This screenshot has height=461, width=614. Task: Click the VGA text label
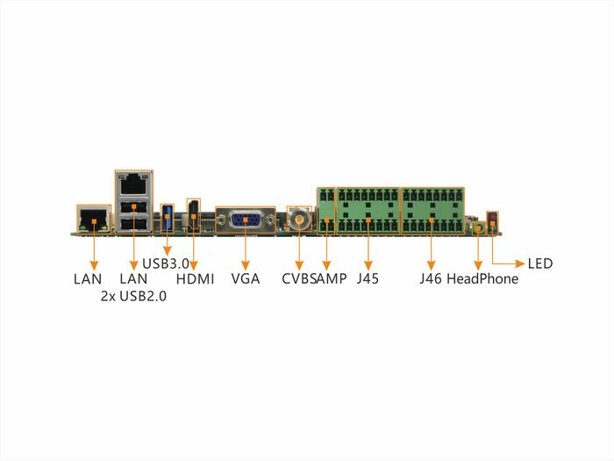(x=245, y=280)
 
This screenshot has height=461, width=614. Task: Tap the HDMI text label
(x=195, y=280)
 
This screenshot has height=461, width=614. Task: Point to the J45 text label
(x=368, y=280)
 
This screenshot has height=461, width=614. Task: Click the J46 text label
(x=430, y=280)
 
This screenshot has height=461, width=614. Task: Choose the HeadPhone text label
(x=482, y=280)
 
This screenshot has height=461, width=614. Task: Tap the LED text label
(x=540, y=263)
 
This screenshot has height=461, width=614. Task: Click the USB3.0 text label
(x=165, y=263)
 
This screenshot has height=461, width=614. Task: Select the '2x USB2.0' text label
(x=133, y=297)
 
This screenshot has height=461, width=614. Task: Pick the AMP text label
(x=331, y=280)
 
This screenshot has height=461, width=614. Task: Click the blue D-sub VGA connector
(x=246, y=219)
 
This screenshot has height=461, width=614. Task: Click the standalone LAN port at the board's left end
(x=93, y=219)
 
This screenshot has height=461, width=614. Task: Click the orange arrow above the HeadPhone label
(x=478, y=249)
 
